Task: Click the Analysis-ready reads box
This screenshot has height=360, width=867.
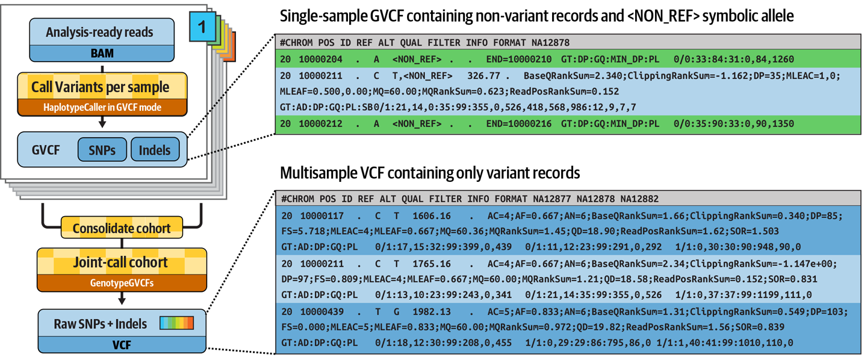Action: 102,31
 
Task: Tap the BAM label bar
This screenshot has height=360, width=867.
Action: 102,54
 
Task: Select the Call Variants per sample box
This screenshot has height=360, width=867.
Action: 102,87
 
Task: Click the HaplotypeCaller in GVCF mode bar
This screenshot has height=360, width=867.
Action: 102,108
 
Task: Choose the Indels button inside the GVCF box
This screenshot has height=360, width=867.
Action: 155,150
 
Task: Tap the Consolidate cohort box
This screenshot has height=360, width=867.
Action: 122,229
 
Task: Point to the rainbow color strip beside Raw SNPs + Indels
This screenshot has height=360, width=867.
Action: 176,323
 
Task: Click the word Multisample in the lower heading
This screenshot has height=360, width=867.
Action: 319,173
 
